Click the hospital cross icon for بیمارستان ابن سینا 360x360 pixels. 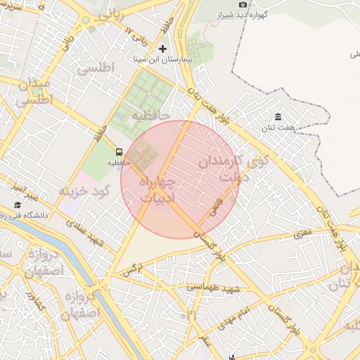click(163, 49)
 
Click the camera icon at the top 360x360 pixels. click(243, 4)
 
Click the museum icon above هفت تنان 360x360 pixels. click(278, 117)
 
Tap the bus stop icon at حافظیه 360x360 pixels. click(118, 151)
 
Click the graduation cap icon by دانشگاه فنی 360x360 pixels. click(17, 205)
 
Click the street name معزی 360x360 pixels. click(303, 232)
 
